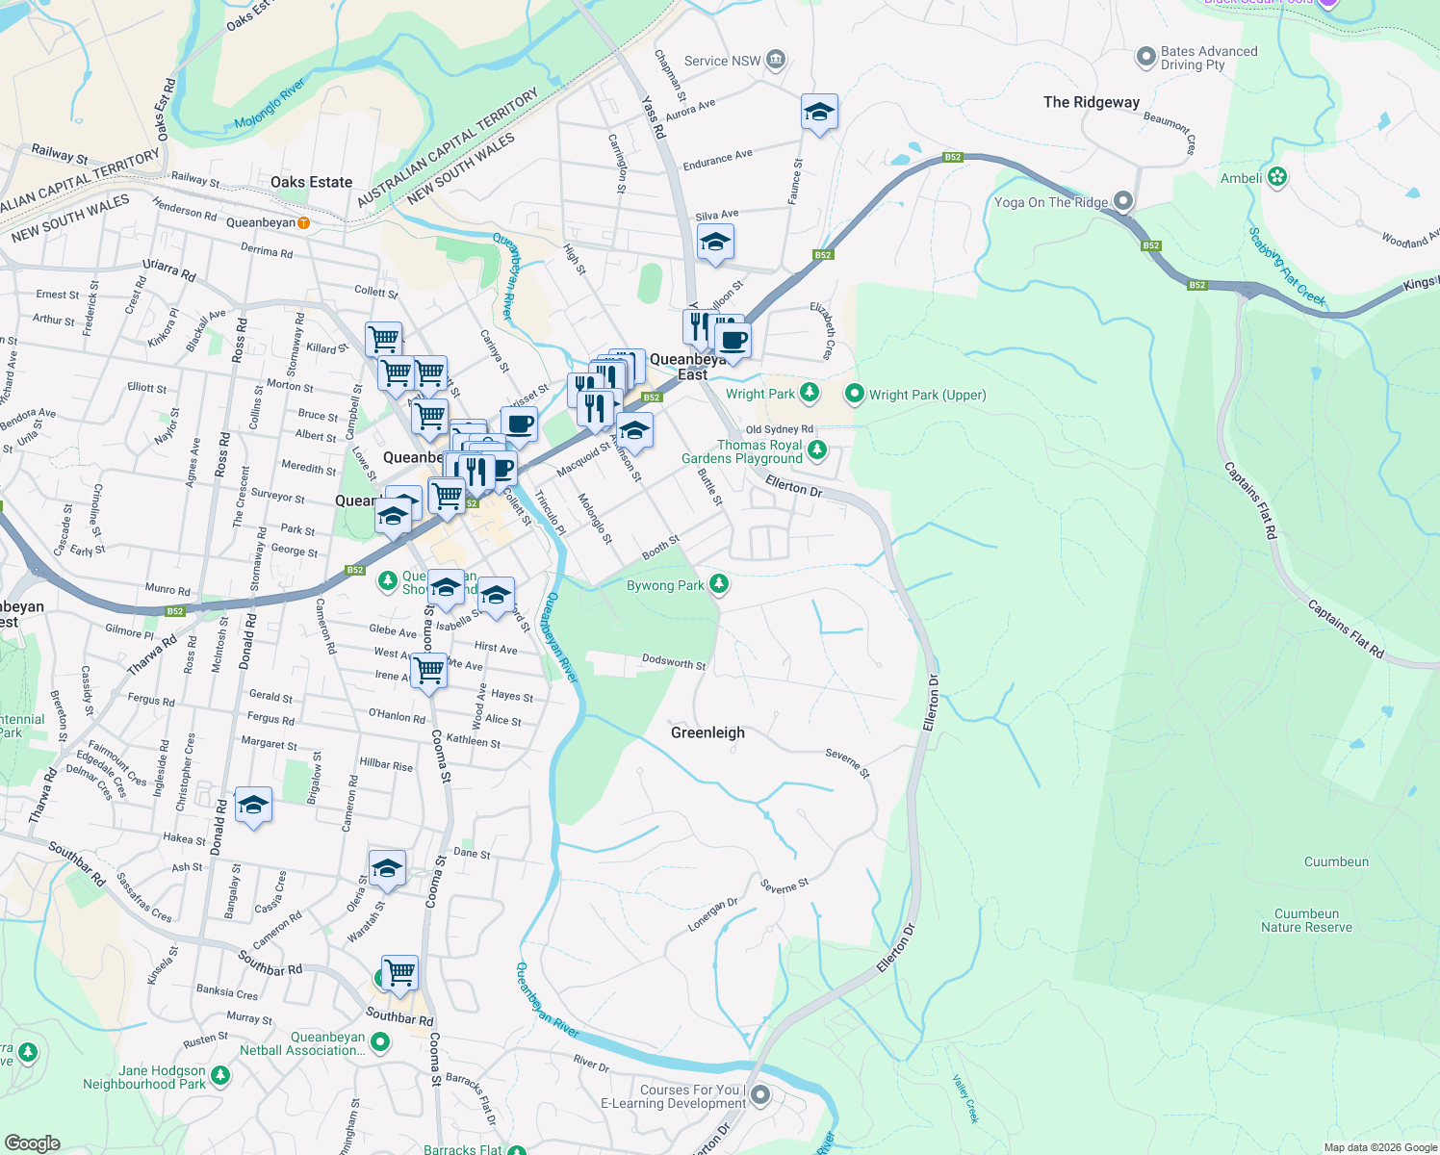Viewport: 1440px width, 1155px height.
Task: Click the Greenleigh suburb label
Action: click(707, 732)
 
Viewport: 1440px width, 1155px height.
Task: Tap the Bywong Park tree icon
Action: click(718, 584)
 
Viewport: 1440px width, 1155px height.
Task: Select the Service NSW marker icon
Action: click(776, 61)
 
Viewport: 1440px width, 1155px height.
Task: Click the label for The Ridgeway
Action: click(1091, 102)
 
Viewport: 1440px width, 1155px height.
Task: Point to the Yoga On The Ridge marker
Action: click(1123, 201)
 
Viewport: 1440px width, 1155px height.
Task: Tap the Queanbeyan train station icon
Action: click(304, 222)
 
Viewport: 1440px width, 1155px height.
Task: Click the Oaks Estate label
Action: click(311, 182)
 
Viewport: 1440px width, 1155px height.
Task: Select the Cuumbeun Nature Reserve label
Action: click(1306, 920)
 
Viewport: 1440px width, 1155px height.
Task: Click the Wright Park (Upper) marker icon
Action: click(854, 394)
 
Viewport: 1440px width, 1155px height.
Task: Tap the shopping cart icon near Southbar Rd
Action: click(399, 972)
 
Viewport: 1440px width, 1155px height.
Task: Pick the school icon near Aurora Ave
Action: click(819, 113)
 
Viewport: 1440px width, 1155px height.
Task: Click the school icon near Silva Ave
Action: click(715, 243)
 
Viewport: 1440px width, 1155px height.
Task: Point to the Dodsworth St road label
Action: click(674, 662)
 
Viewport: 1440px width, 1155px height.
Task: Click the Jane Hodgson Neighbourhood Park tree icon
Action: click(220, 1075)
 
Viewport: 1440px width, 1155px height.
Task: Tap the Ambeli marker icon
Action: click(1277, 177)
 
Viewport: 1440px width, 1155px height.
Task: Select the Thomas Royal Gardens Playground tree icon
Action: click(817, 449)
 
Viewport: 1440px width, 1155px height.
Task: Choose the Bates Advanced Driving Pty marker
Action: click(1145, 58)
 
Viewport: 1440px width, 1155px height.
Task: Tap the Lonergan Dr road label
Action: click(713, 914)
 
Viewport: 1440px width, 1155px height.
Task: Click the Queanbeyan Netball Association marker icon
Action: click(380, 1042)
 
